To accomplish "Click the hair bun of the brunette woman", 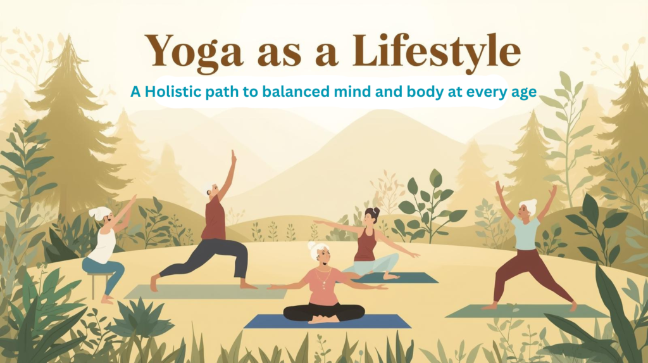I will click(x=368, y=210).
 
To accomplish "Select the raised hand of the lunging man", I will click(x=234, y=155).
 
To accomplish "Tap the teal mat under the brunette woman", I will click(x=414, y=277).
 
